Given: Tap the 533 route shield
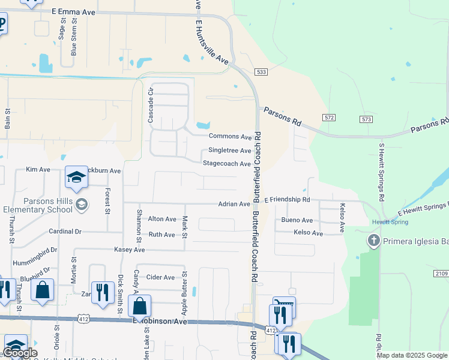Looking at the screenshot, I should (261, 72).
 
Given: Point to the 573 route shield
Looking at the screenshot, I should (367, 119).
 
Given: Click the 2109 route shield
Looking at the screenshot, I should (441, 273).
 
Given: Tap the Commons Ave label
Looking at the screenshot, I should (230, 137).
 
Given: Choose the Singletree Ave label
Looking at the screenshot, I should (229, 151).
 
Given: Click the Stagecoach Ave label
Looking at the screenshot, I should (226, 164).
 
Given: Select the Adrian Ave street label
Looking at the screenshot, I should (234, 204).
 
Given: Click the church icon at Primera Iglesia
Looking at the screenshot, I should (373, 241).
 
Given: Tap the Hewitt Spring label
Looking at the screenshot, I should (390, 222).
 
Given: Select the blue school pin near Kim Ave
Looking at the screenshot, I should (76, 176).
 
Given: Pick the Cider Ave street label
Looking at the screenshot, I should (160, 277).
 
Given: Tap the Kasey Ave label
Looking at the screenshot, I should (130, 249).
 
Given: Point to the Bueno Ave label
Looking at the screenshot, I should (297, 220).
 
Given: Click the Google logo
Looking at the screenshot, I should (20, 353).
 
